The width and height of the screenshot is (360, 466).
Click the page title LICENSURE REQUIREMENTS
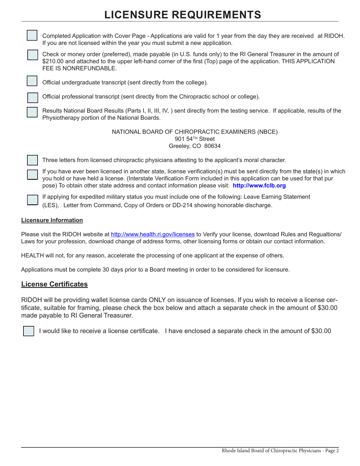tap(182, 14)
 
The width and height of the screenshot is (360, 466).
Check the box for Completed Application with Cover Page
tap(32, 35)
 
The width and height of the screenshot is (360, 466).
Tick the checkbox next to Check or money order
tap(33, 55)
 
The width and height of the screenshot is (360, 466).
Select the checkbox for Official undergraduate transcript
tap(32, 81)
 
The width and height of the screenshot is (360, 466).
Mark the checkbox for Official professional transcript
tap(33, 97)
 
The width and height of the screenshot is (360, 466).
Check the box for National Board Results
tap(32, 112)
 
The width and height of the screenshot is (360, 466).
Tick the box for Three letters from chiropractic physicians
tap(32, 160)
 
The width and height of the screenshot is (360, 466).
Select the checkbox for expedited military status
tap(33, 200)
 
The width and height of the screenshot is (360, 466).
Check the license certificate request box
tap(28, 331)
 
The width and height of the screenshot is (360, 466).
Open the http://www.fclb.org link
tap(259, 186)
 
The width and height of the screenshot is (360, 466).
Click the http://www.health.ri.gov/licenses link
tap(153, 235)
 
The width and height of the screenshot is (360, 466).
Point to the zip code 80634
tap(212, 146)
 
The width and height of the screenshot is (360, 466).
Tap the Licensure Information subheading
tap(52, 220)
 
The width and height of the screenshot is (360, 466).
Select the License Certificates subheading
tap(54, 284)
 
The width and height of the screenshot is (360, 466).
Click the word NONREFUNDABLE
tap(86, 69)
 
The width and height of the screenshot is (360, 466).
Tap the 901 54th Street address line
tap(195, 139)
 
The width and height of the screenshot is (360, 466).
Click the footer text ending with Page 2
tap(280, 451)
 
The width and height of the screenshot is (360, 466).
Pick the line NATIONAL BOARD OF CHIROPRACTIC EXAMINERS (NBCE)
tap(194, 132)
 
